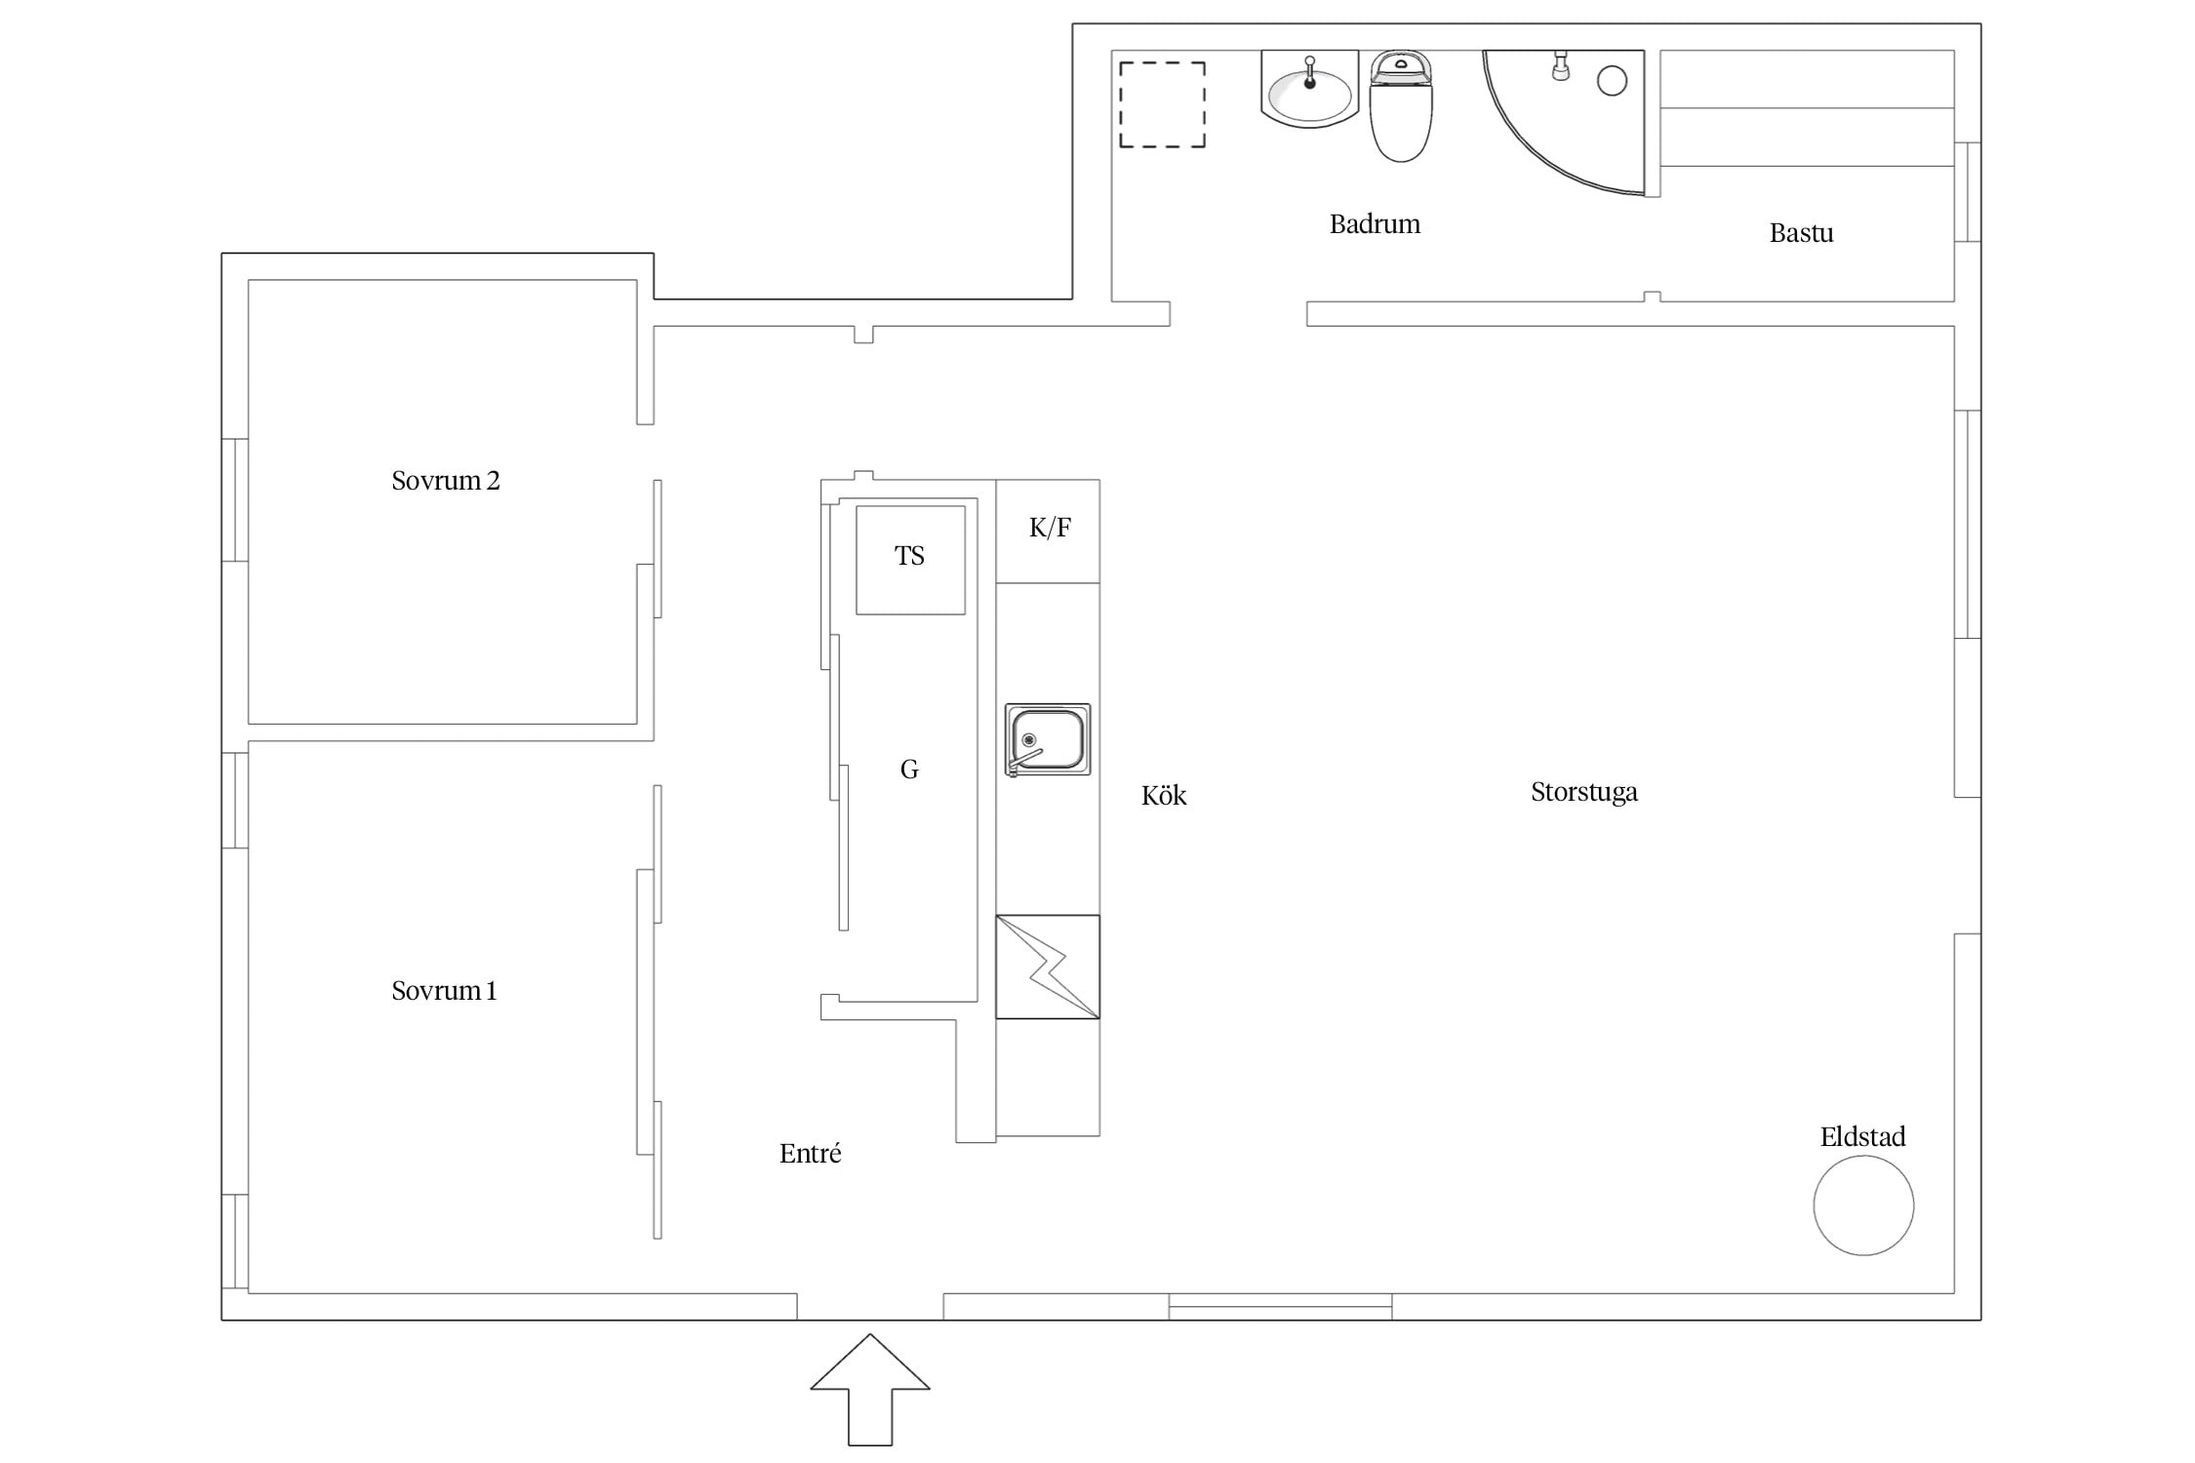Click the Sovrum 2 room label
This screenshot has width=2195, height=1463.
[445, 481]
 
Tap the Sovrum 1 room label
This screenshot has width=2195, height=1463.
[444, 991]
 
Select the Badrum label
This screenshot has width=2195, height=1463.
[1375, 224]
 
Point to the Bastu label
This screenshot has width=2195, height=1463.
[1801, 233]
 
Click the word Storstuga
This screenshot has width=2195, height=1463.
[1584, 792]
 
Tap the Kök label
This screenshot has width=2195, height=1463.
[1164, 796]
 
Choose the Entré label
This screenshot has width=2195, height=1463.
[810, 1154]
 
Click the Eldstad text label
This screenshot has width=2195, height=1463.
[1862, 1137]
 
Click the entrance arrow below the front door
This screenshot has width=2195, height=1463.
[870, 1390]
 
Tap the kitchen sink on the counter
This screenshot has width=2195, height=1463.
[1048, 740]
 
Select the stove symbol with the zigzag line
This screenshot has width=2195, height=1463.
[1048, 967]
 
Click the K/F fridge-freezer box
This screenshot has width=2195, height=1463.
[1048, 532]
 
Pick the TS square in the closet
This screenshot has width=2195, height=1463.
[910, 560]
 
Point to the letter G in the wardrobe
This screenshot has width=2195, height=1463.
[909, 771]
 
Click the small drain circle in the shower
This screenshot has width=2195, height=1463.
[1612, 81]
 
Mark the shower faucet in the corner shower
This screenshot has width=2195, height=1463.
[1560, 66]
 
